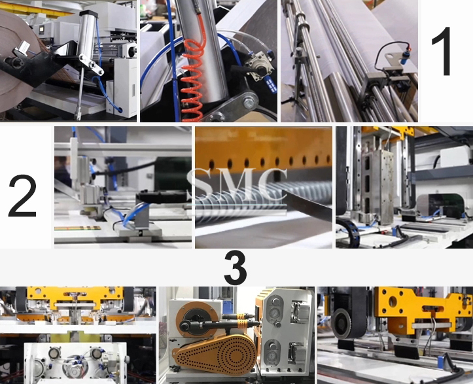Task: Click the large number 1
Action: tap(442, 51)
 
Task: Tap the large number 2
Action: tap(22, 196)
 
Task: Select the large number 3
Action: tap(236, 268)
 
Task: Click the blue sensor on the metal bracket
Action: tap(404, 56)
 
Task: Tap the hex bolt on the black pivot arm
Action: tap(249, 103)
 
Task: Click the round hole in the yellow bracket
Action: tap(393, 302)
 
